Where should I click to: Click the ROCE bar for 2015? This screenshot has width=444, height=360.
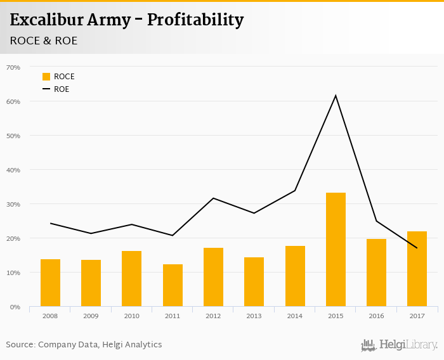(336, 250)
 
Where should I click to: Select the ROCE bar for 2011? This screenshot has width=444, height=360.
(173, 285)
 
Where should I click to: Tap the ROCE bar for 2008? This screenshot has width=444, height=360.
(50, 283)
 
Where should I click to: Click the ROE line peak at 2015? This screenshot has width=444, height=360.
(336, 96)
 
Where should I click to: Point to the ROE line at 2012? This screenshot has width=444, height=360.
(213, 198)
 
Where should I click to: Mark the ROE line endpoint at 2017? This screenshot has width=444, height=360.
(417, 248)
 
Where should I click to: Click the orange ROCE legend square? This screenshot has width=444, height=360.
(46, 77)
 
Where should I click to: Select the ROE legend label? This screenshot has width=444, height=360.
(62, 89)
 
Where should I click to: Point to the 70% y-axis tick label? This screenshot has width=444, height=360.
(13, 67)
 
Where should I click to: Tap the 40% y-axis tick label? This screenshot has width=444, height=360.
(13, 170)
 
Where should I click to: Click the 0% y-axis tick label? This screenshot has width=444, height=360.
(15, 307)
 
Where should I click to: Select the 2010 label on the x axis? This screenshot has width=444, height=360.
(131, 316)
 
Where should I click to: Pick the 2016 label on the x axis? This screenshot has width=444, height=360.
(376, 316)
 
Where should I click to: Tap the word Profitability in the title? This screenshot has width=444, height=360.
(195, 20)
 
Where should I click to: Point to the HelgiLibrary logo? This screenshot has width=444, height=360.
(399, 345)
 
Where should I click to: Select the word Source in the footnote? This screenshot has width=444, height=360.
(20, 345)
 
